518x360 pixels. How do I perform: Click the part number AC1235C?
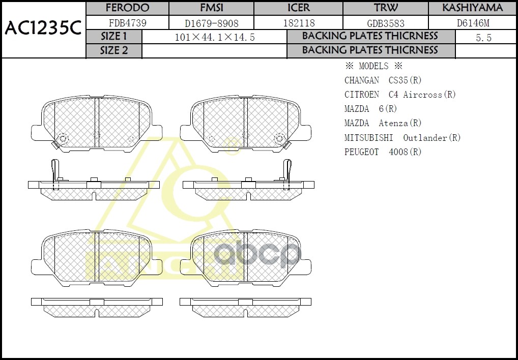click(x=43, y=29)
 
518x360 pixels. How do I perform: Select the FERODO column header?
click(x=127, y=8)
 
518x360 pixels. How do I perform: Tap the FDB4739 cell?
click(x=127, y=23)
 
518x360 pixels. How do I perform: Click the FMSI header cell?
click(x=211, y=8)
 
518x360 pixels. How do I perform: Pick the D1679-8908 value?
click(x=211, y=23)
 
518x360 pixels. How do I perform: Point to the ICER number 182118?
click(x=299, y=23)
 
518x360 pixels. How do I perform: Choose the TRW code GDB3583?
click(x=386, y=23)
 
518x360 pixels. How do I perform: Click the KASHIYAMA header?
click(x=472, y=8)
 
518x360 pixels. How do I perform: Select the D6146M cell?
click(x=473, y=23)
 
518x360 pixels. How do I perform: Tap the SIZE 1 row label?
click(x=114, y=37)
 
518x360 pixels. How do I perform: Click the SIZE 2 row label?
click(x=114, y=50)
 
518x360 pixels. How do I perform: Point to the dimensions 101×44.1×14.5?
click(x=214, y=37)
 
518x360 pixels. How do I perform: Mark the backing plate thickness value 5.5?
click(x=483, y=37)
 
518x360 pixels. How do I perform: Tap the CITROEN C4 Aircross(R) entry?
click(x=400, y=95)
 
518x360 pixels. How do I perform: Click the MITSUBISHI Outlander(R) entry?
click(x=402, y=138)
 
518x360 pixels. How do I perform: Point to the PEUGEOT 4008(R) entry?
click(x=383, y=152)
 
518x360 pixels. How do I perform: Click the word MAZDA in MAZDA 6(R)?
click(x=357, y=109)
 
